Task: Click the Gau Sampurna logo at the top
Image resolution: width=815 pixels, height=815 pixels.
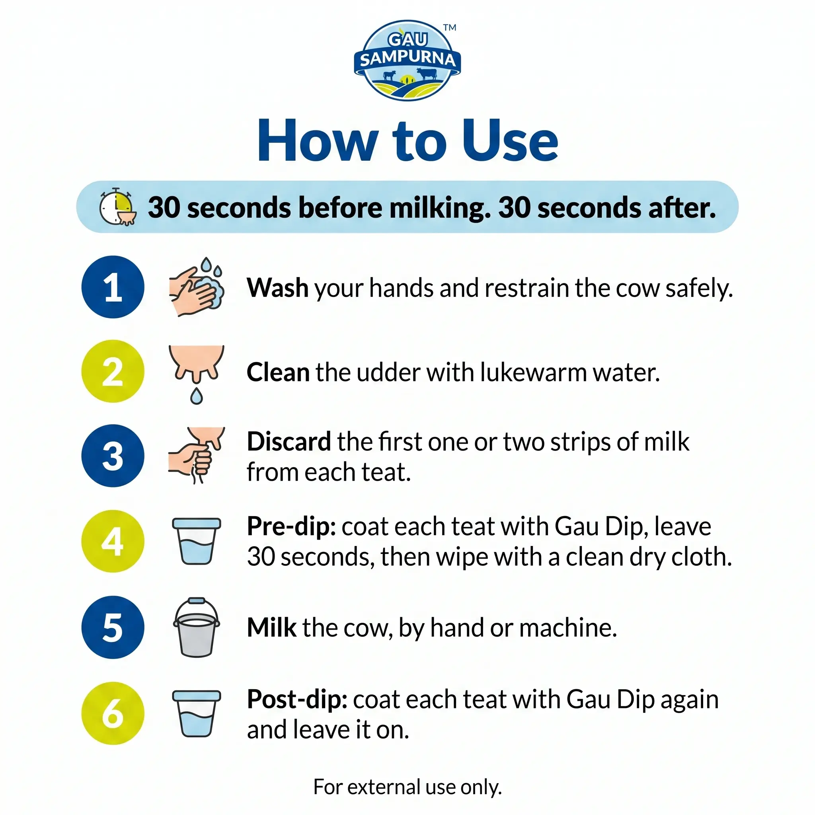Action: (x=407, y=60)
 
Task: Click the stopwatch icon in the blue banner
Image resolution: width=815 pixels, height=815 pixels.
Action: (x=118, y=206)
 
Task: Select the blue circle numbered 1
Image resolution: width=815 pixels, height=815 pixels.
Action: (x=113, y=287)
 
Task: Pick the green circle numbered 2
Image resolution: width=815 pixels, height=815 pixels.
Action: (x=113, y=371)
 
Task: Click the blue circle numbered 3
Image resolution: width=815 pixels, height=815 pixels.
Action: (x=113, y=456)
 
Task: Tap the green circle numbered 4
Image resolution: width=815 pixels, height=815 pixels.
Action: (x=113, y=541)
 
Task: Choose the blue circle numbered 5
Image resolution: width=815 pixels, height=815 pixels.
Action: (x=113, y=627)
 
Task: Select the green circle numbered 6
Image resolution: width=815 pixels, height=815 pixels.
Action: (x=113, y=714)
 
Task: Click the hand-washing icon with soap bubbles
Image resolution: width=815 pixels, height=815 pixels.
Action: (x=197, y=287)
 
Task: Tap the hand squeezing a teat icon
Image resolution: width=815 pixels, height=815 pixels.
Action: (x=197, y=455)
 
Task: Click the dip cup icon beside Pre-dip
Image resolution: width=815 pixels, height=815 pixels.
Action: (x=197, y=541)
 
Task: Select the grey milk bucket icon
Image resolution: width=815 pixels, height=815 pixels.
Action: (x=197, y=627)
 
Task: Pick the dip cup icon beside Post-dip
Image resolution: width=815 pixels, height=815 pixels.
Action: (x=197, y=714)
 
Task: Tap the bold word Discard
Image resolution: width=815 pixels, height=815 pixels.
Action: (x=289, y=442)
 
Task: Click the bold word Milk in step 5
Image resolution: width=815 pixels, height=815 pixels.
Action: (x=272, y=628)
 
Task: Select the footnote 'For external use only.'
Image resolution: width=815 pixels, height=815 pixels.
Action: (x=407, y=787)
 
